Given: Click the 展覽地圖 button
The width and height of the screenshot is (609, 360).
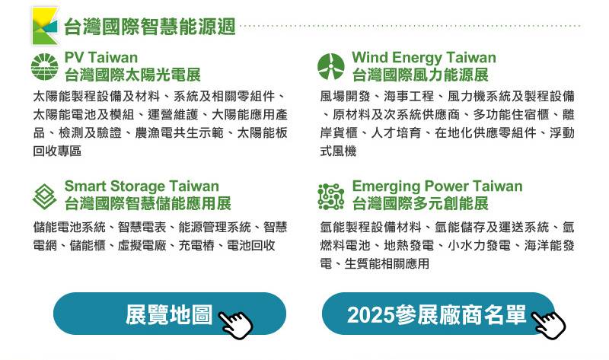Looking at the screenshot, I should point(169,314).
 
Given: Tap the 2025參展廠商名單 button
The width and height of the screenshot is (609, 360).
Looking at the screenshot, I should point(437,314).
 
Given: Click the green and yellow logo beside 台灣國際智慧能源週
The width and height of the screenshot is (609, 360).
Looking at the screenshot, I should point(44,26).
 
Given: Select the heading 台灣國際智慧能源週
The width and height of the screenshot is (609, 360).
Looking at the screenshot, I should point(150,27).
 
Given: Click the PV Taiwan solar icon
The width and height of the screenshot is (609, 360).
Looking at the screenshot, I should point(45,67).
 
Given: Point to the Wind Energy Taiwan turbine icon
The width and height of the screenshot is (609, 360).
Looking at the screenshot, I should point(331,67).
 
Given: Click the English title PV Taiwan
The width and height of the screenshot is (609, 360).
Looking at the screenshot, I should point(101,58).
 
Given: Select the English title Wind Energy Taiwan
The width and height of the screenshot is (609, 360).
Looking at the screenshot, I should point(423,58).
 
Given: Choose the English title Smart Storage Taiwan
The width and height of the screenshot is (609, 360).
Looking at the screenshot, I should point(142,186).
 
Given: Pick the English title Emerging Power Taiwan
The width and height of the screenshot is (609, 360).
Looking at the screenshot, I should point(437,186).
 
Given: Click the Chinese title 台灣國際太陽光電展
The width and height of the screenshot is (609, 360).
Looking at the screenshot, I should point(132,75).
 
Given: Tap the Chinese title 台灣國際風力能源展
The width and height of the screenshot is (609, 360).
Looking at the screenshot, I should point(420,75).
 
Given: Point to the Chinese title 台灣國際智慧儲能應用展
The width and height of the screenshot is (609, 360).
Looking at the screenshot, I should point(148,204).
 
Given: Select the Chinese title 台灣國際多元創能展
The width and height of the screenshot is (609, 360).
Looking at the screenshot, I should point(420,204).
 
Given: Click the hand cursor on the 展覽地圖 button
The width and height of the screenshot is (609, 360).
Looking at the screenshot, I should point(235,322).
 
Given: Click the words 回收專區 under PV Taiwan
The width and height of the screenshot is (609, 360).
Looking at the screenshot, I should point(57,151).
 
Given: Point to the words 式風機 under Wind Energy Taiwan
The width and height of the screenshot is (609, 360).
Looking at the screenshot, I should point(338,151).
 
